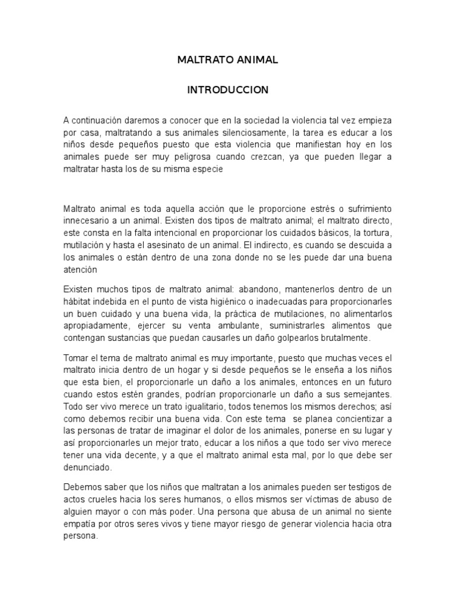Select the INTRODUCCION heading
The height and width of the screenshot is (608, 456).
click(x=228, y=90)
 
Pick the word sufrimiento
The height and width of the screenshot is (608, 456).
click(x=368, y=210)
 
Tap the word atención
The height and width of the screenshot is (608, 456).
click(x=80, y=269)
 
